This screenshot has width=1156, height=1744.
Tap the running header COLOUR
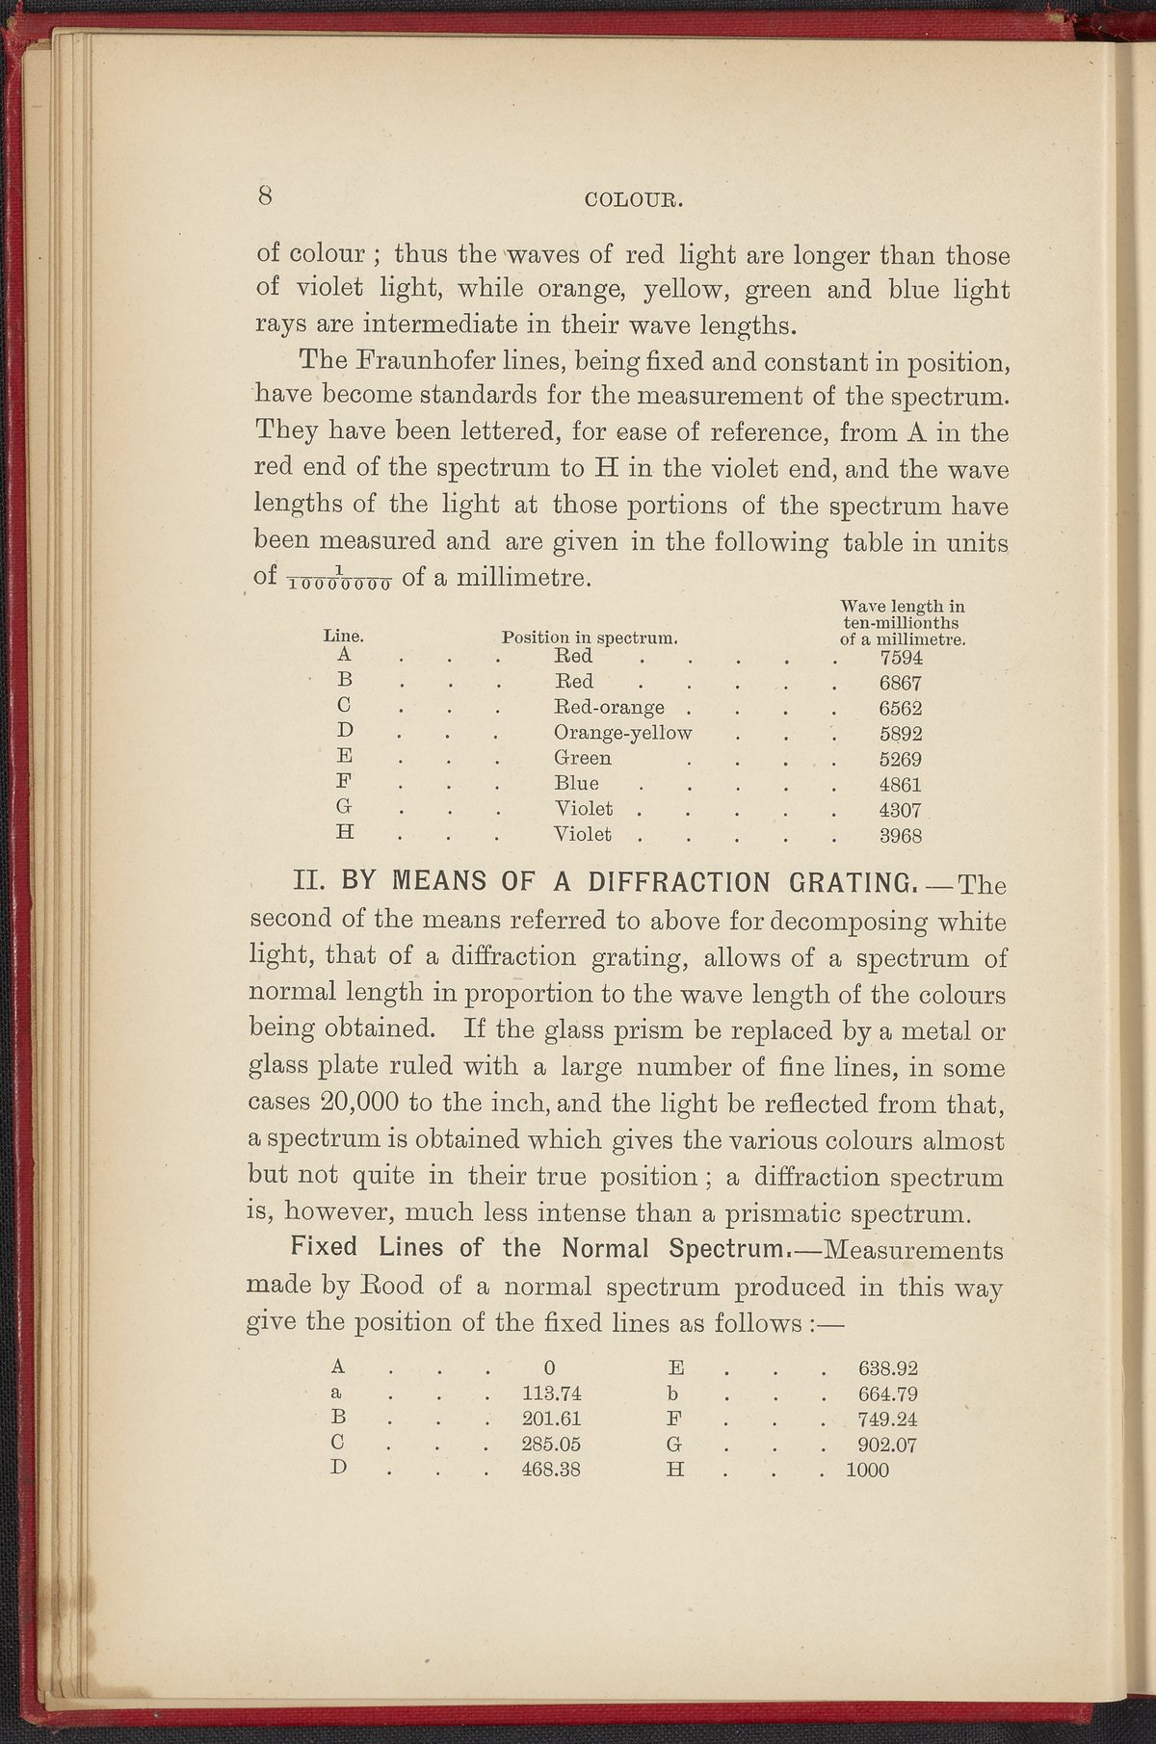(634, 201)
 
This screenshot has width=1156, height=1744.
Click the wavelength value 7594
(902, 659)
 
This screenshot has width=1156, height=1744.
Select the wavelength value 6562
(902, 708)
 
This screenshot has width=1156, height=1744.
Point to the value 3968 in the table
(902, 835)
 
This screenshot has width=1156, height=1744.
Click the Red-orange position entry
(610, 708)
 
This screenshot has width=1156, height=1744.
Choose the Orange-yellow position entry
(623, 733)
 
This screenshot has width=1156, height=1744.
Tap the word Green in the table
(583, 758)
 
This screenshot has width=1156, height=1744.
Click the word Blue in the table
(577, 784)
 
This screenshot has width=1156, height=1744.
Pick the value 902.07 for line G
(887, 1444)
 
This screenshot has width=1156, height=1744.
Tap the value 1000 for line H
(866, 1471)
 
